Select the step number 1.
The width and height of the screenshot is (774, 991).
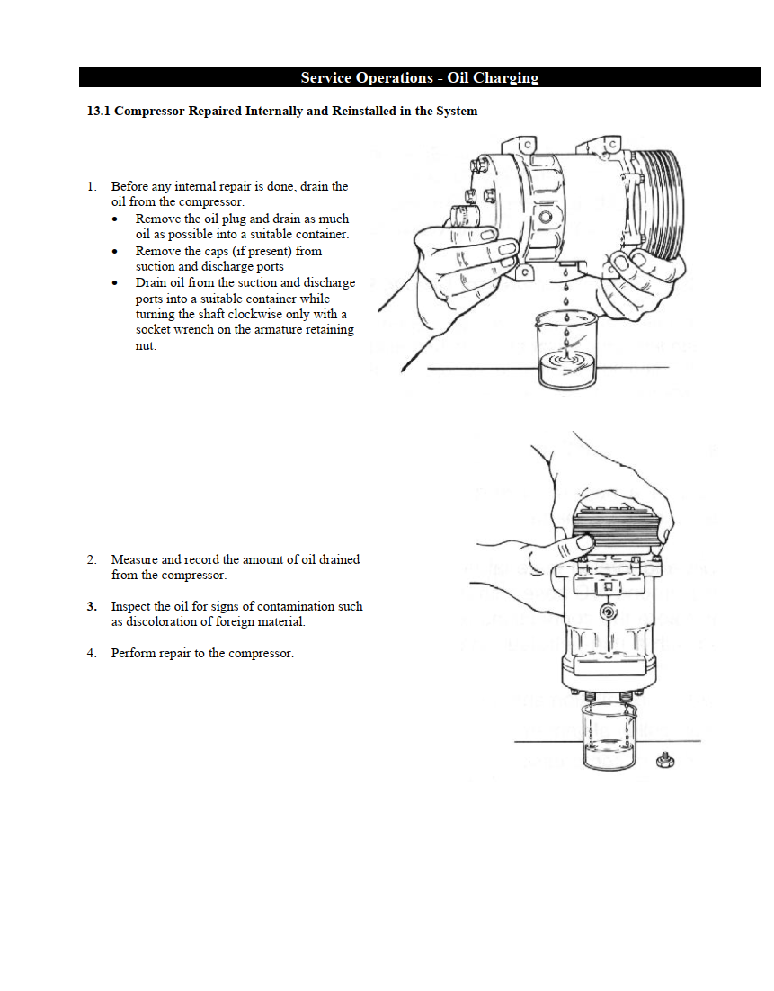[x=91, y=187]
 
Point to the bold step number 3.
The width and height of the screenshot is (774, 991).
[x=92, y=607]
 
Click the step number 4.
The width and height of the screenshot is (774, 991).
[x=91, y=654]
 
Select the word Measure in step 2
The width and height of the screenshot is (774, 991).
[x=135, y=559]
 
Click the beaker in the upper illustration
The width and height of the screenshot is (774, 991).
[x=565, y=351]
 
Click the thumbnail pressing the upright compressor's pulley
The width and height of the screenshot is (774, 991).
[x=584, y=543]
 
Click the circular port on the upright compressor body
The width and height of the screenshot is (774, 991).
[x=609, y=612]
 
